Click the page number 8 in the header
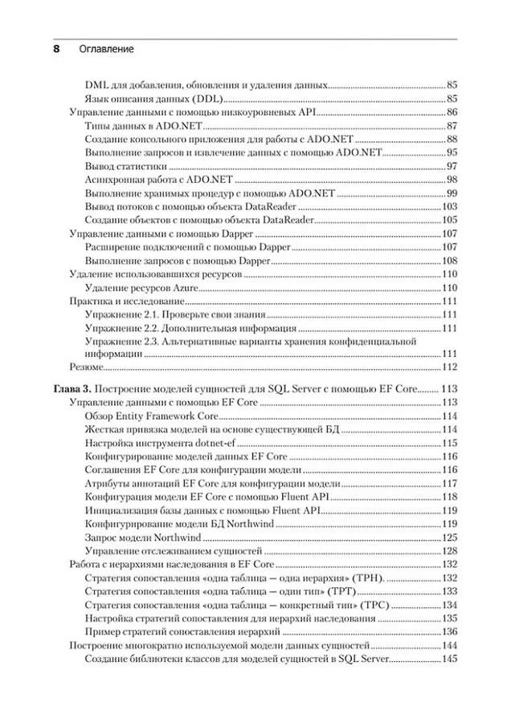pyautogui.click(x=56, y=49)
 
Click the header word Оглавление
pyautogui.click(x=107, y=49)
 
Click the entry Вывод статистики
pyautogui.click(x=125, y=166)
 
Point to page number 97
pyautogui.click(x=452, y=166)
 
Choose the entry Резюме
pyautogui.click(x=85, y=367)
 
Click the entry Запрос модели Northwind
pyautogui.click(x=145, y=537)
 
